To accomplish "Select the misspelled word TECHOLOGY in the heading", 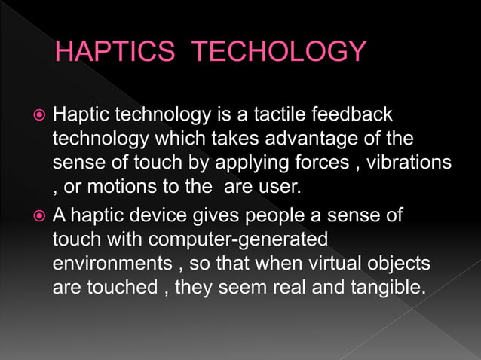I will click(279, 53).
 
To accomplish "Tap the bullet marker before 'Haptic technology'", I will click(40, 115).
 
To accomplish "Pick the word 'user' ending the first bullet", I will click(275, 185).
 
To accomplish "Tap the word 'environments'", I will click(106, 264).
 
